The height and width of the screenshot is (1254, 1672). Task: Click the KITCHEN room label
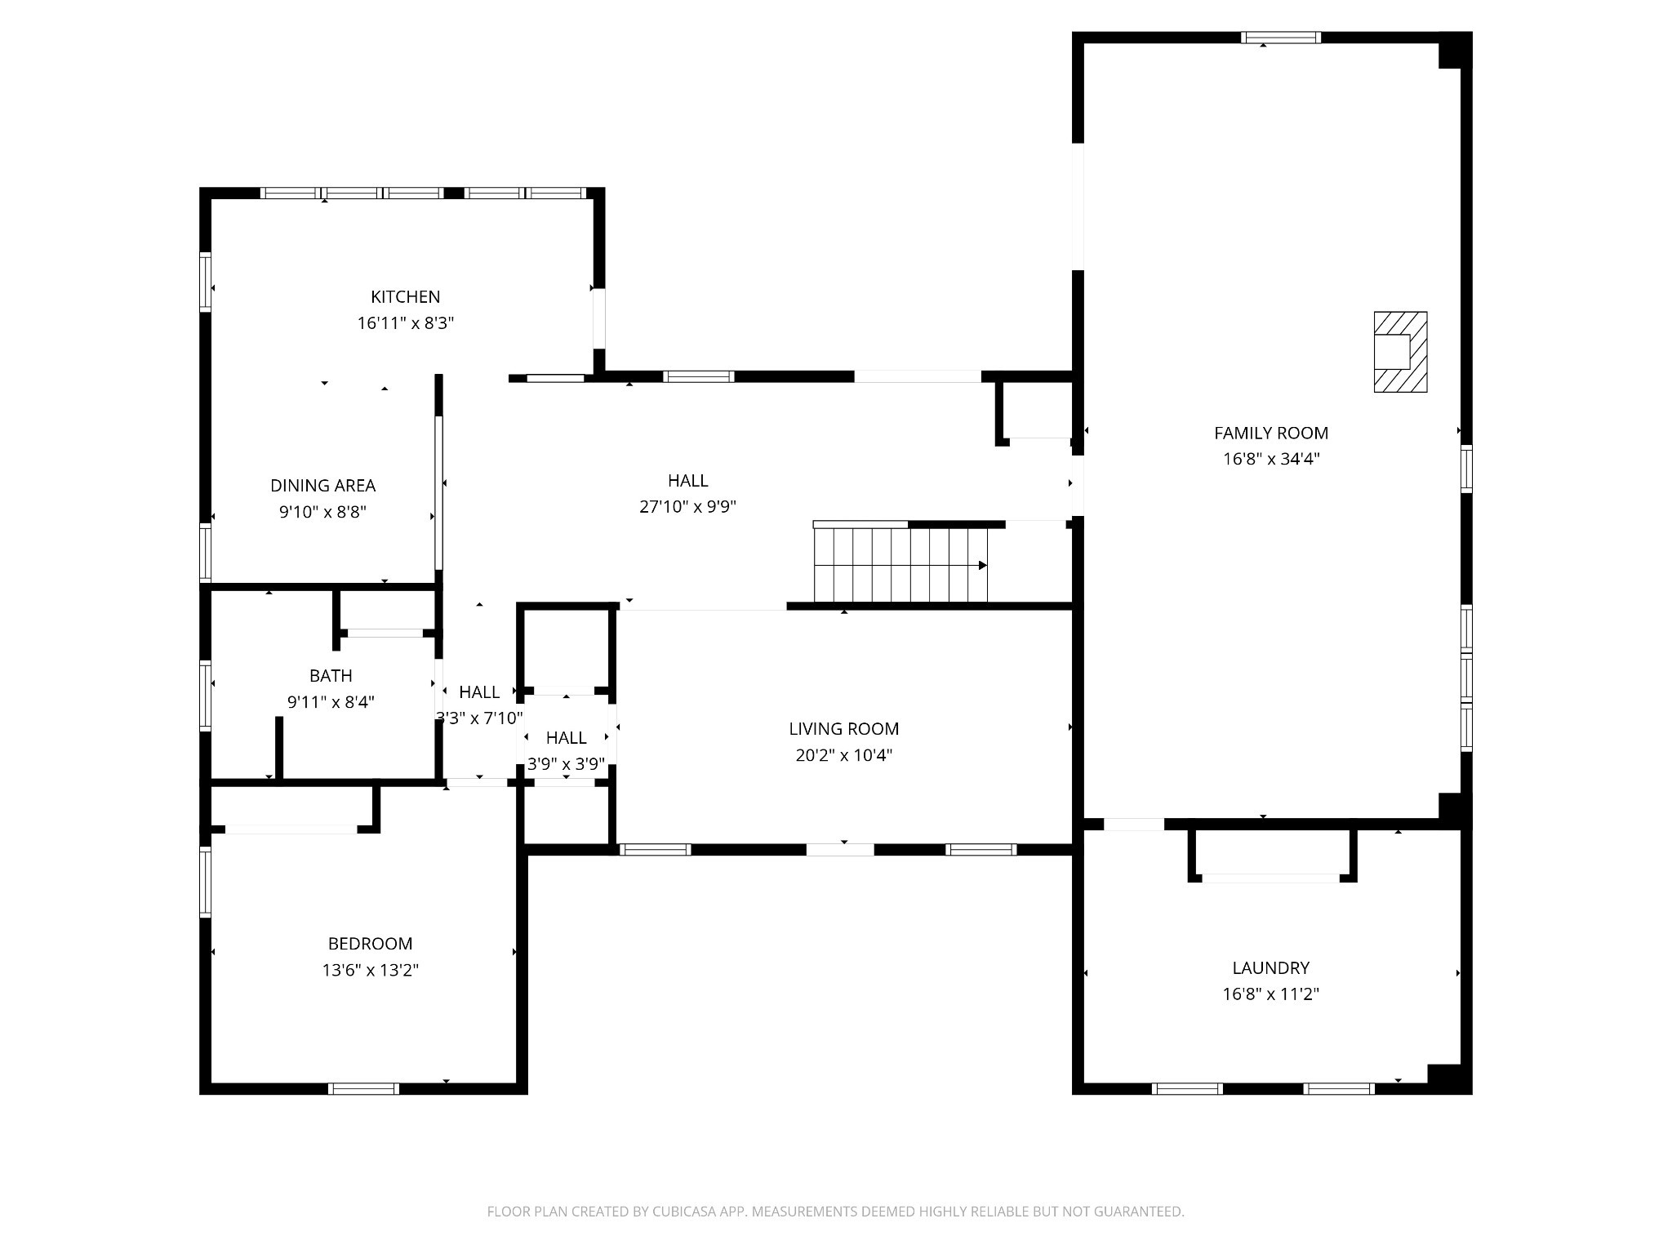tap(405, 296)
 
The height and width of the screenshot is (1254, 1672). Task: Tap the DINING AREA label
tap(322, 486)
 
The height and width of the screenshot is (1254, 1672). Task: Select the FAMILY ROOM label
tap(1271, 434)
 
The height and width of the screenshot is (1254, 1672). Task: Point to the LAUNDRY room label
tap(1270, 968)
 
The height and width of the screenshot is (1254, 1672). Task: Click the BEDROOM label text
tap(370, 944)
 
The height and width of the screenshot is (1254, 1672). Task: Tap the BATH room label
tap(331, 676)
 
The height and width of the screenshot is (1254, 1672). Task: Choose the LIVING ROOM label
tap(843, 729)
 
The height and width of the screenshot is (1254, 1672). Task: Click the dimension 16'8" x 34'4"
tap(1271, 459)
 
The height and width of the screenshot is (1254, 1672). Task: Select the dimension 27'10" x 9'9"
tap(687, 507)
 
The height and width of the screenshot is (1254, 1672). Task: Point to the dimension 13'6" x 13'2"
tap(370, 971)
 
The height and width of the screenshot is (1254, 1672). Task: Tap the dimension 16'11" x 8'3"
tap(405, 323)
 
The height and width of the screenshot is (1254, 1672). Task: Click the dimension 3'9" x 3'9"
tap(566, 764)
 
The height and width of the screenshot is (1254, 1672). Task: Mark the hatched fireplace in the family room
tap(1400, 352)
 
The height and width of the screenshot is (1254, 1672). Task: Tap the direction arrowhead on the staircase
tap(983, 565)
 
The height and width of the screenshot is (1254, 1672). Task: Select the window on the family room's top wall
tap(1281, 38)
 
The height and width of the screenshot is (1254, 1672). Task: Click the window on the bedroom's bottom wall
tap(363, 1088)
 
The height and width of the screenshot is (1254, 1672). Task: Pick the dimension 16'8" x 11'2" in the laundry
tap(1270, 994)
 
